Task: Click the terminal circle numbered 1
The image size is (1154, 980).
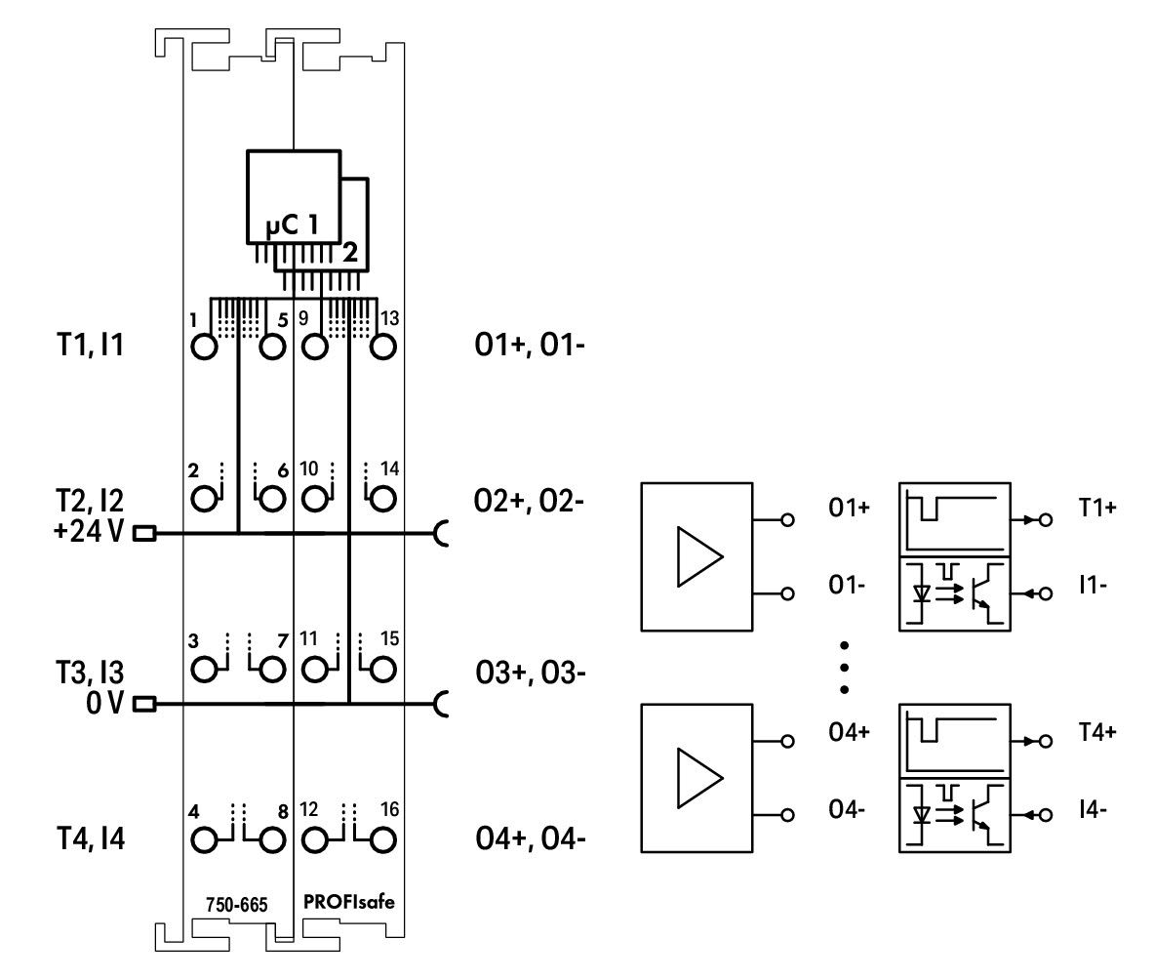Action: pos(205,347)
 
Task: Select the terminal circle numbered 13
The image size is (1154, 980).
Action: pos(382,347)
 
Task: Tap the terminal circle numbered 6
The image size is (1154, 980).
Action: pos(272,499)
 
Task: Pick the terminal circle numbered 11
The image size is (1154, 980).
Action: pos(316,670)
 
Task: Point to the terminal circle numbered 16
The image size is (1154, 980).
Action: pos(382,840)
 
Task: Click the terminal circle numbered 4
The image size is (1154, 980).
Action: pos(205,840)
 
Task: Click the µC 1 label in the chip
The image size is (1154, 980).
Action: pos(293,225)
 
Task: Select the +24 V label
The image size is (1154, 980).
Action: pos(89,531)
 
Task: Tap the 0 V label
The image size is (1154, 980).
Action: pos(105,703)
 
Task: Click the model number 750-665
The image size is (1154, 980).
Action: pos(237,904)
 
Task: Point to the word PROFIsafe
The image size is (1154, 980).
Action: pos(349,902)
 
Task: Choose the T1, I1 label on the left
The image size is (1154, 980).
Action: pos(91,345)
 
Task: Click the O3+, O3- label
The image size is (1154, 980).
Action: pos(531,673)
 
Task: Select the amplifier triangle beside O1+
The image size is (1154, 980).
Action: pos(699,556)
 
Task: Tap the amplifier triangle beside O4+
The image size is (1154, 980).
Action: pos(699,778)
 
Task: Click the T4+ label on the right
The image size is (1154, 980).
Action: pos(1098,733)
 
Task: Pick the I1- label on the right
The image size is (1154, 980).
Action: pos(1093,586)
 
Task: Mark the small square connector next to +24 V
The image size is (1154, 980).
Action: pos(144,532)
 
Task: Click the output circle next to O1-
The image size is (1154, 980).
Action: pos(787,593)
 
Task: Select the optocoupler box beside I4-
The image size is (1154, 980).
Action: pos(955,815)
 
